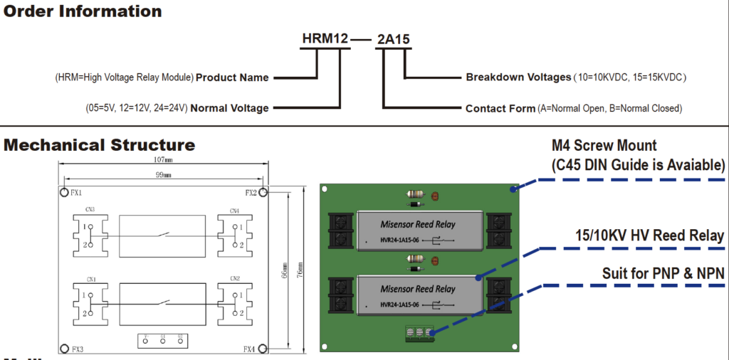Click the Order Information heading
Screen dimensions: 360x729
click(x=83, y=11)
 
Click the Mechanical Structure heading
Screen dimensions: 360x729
click(x=99, y=145)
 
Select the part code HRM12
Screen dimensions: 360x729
click(x=324, y=38)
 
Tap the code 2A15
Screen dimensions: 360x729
click(x=393, y=39)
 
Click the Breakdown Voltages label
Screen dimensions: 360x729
click(x=518, y=77)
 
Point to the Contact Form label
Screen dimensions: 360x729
click(x=500, y=109)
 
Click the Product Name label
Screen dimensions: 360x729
click(x=232, y=78)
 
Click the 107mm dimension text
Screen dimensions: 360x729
click(x=162, y=160)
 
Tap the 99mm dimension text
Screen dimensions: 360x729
click(x=162, y=174)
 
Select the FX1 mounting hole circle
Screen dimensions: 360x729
click(x=63, y=192)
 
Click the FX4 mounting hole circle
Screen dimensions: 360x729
click(x=263, y=349)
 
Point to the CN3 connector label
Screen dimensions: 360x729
click(x=89, y=210)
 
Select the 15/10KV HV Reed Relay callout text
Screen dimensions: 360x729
click(x=649, y=235)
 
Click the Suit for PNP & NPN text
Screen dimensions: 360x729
click(x=662, y=273)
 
